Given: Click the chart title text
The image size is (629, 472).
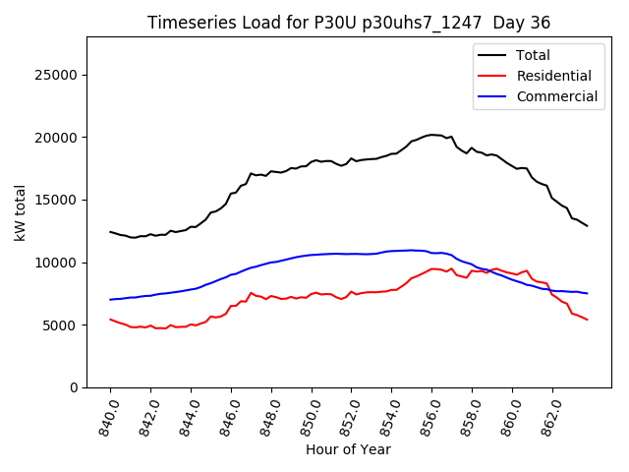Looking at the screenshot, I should tap(349, 23).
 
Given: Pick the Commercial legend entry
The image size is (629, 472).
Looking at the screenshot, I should tap(556, 96).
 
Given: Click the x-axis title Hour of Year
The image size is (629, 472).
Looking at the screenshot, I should tap(349, 450).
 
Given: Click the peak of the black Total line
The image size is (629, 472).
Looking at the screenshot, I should tap(431, 135).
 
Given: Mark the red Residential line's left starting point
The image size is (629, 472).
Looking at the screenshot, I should tap(110, 320).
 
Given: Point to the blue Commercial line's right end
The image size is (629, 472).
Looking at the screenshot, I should tap(587, 293).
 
